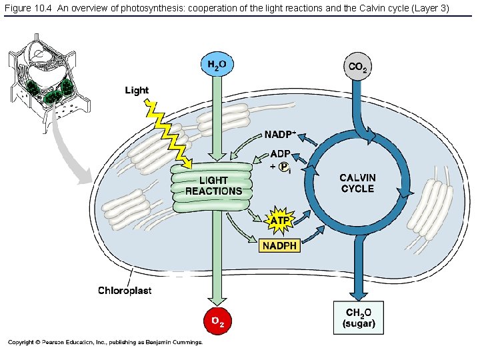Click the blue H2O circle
217,65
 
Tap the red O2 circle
217,321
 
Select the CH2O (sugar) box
359,317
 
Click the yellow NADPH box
280,245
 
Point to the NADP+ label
280,135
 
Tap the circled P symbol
283,167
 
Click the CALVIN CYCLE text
357,183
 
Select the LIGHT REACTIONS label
213,186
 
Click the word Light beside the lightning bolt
137,91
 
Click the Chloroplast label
125,290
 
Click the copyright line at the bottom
105,342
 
